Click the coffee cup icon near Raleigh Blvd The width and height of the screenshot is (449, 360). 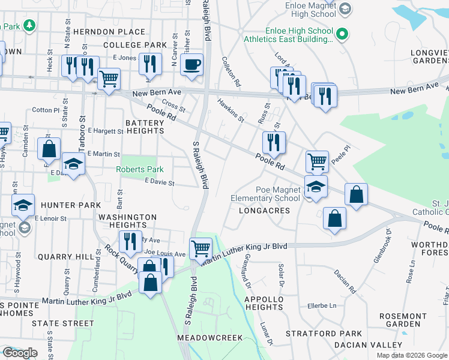point(191,65)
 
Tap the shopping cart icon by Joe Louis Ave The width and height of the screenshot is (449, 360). point(200,247)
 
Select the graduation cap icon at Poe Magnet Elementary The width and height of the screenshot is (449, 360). point(316,186)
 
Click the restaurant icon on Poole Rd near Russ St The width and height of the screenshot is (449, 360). point(274,143)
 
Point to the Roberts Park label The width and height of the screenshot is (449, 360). point(140,170)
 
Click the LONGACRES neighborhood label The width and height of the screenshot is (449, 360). point(264,211)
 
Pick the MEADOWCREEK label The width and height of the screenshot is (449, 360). point(210,338)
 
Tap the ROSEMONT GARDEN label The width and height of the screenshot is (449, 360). point(403,320)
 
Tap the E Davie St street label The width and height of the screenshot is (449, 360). point(159,182)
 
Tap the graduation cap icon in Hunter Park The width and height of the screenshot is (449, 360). point(23,205)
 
